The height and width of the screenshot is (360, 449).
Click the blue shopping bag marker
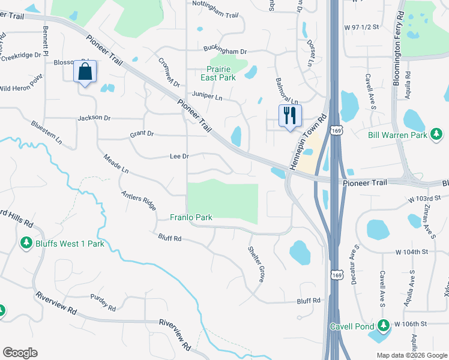[x=85, y=72]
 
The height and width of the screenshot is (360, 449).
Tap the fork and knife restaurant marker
[x=289, y=115]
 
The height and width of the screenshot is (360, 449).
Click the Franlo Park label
[x=191, y=217]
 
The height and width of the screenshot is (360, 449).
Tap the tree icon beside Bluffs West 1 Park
[x=26, y=244]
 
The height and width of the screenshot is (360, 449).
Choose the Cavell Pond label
[x=352, y=326]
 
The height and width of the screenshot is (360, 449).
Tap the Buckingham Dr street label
[x=225, y=52]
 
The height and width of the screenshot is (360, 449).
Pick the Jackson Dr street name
[x=94, y=118]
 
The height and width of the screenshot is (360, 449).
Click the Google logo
[x=20, y=353]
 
